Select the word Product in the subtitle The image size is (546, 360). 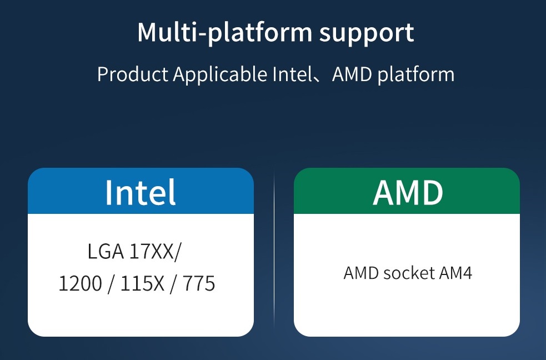point(133,74)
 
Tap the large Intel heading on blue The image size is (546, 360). point(141,192)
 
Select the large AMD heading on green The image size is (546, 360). point(408,192)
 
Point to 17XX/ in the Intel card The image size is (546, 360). point(155,252)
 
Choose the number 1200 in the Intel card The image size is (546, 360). point(80,284)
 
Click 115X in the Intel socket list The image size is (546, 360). point(142,284)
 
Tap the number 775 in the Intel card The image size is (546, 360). point(198,284)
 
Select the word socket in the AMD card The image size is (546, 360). point(409,273)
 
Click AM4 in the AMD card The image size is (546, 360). point(455,273)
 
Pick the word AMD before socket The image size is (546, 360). point(361,273)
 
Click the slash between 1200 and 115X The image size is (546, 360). point(111,284)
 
